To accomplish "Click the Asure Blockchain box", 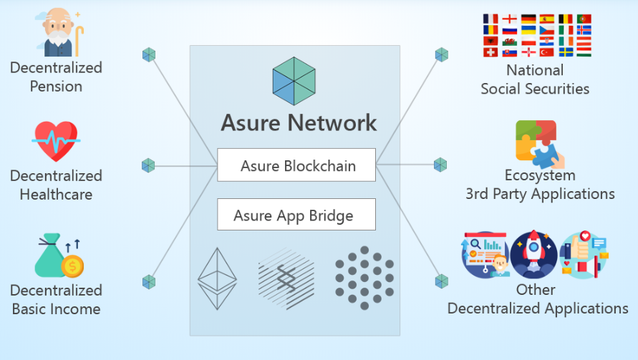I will (x=296, y=165).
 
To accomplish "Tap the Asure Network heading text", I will (x=299, y=122).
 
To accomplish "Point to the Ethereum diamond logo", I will (x=217, y=278).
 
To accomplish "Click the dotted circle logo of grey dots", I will (x=364, y=278).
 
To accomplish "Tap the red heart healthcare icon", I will (x=55, y=141).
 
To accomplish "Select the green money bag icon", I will (x=57, y=257).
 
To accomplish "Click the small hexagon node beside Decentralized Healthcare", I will (x=148, y=165).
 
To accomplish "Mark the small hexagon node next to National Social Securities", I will (x=442, y=54).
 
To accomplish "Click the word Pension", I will (x=56, y=87).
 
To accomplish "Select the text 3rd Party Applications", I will (x=540, y=194).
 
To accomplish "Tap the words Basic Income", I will (x=56, y=309).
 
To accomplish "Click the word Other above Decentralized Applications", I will (x=536, y=290).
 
